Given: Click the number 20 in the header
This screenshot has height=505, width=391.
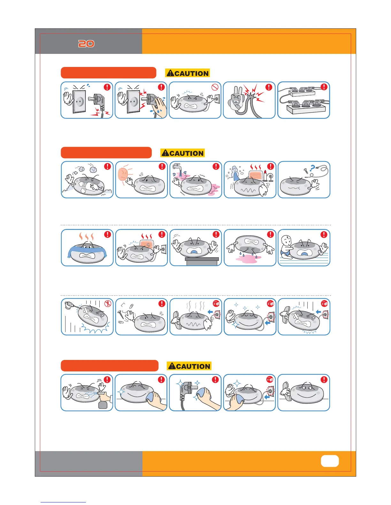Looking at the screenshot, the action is (86, 44).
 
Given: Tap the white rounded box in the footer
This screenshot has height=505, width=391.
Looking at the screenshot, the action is (330, 461).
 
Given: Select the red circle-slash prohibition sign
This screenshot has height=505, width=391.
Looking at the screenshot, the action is (215, 87).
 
